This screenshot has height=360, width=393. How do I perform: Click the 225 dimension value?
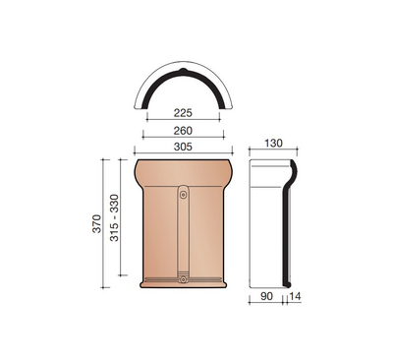[183, 113]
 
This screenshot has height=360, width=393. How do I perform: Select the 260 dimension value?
[183, 131]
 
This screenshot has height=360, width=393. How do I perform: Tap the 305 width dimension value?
[183, 147]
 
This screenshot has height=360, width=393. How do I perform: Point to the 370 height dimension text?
[97, 223]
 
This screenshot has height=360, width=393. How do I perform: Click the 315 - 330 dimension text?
[114, 217]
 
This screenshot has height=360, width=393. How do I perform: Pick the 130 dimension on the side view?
[273, 144]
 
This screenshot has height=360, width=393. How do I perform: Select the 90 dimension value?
[266, 296]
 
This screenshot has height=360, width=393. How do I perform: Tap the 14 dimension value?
[295, 296]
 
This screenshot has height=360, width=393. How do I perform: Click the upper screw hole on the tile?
[184, 195]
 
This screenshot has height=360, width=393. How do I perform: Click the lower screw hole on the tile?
[184, 280]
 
